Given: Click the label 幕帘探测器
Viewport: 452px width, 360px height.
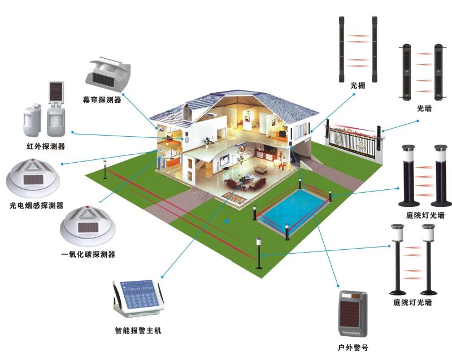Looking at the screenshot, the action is (102, 99).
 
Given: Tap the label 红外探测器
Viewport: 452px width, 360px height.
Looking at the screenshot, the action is (46, 146).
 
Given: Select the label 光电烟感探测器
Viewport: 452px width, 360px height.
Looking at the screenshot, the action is (36, 206).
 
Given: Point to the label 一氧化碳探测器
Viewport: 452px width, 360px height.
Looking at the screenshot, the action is (88, 254).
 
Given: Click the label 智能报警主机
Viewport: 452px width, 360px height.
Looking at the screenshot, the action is (138, 330).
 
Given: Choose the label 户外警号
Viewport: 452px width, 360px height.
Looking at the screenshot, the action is (353, 348).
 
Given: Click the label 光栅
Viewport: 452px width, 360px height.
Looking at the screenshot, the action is (358, 85).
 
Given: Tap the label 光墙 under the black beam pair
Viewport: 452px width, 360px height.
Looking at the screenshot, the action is (424, 109).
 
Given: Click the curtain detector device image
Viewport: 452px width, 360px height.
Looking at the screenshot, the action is (108, 73).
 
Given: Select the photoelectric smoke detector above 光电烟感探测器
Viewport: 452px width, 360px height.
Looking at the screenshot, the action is (33, 176).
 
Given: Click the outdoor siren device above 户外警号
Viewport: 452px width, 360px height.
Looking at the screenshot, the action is (353, 314).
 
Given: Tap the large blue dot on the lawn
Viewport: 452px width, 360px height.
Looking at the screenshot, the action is (227, 222).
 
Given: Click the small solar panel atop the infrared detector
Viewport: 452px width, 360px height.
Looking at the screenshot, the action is (56, 91).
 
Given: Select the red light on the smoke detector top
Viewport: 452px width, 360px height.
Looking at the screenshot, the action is (33, 159).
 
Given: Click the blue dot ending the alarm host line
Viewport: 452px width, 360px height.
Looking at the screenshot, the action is (163, 277).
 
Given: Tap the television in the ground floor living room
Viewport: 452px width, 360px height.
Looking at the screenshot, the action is (224, 160).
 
